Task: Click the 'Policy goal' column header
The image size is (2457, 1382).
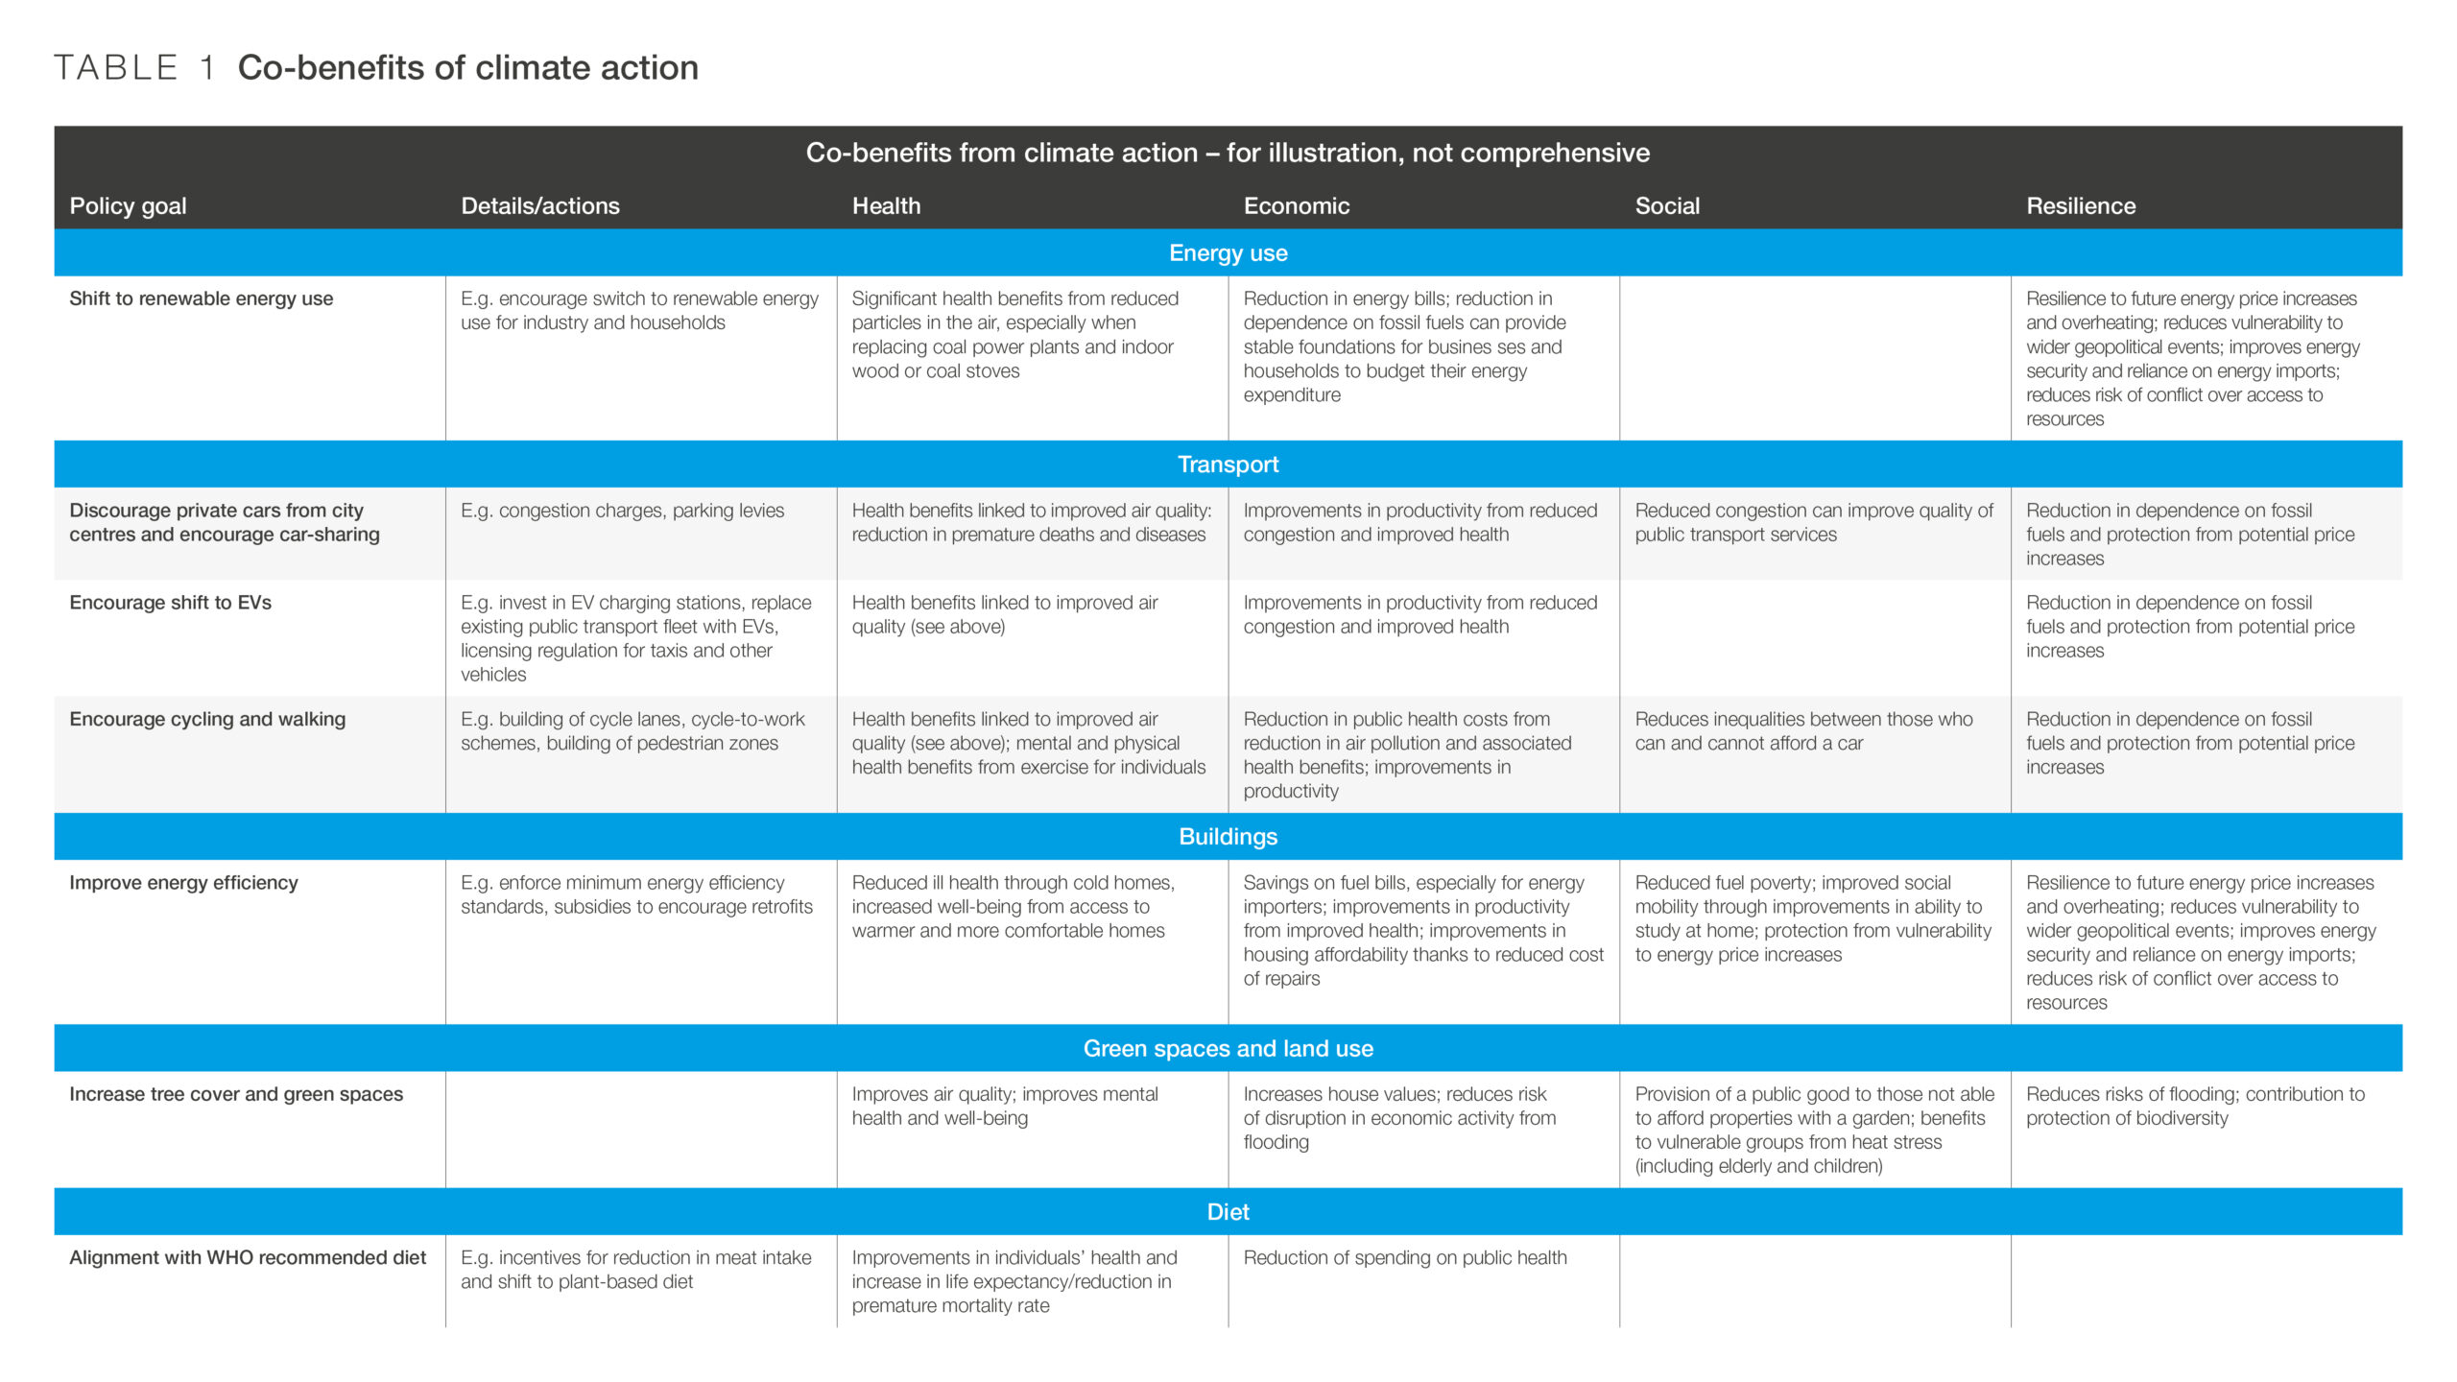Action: point(128,206)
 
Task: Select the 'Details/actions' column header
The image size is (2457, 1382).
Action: point(539,206)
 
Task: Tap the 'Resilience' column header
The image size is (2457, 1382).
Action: point(2080,206)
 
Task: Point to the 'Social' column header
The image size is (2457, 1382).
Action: point(1667,206)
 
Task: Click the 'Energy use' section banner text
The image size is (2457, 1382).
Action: point(1228,253)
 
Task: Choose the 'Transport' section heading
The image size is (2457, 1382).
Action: point(1228,465)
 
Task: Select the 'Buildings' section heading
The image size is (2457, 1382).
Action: point(1228,837)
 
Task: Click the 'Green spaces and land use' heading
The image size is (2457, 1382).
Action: point(1228,1049)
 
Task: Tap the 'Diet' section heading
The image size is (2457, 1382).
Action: point(1228,1212)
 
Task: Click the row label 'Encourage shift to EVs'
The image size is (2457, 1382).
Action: point(170,603)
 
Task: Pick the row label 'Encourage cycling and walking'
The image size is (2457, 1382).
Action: point(207,719)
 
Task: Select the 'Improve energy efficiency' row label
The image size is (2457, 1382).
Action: point(183,883)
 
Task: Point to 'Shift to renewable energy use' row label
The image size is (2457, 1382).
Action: point(201,298)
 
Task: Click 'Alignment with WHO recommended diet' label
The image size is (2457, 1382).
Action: point(248,1257)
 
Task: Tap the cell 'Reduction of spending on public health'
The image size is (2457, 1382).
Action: point(1404,1257)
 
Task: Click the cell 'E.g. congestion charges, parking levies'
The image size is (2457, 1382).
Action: point(622,511)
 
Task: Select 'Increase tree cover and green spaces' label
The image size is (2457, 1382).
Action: point(236,1094)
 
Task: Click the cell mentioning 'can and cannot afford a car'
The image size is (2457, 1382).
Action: point(1803,731)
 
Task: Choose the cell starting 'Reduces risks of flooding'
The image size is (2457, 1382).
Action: point(2195,1106)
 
